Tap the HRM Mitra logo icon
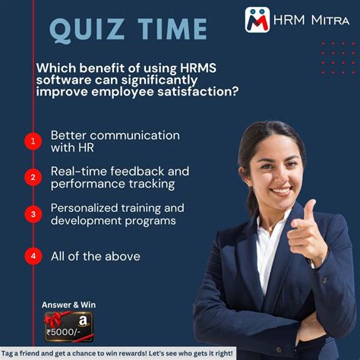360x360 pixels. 257,20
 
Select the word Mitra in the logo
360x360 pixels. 330,20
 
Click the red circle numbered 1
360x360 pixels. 33,141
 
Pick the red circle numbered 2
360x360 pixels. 33,178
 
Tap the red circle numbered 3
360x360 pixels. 33,214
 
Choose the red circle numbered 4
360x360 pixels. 33,257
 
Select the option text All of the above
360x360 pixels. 95,257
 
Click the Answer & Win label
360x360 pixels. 69,305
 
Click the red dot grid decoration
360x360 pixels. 337,58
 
